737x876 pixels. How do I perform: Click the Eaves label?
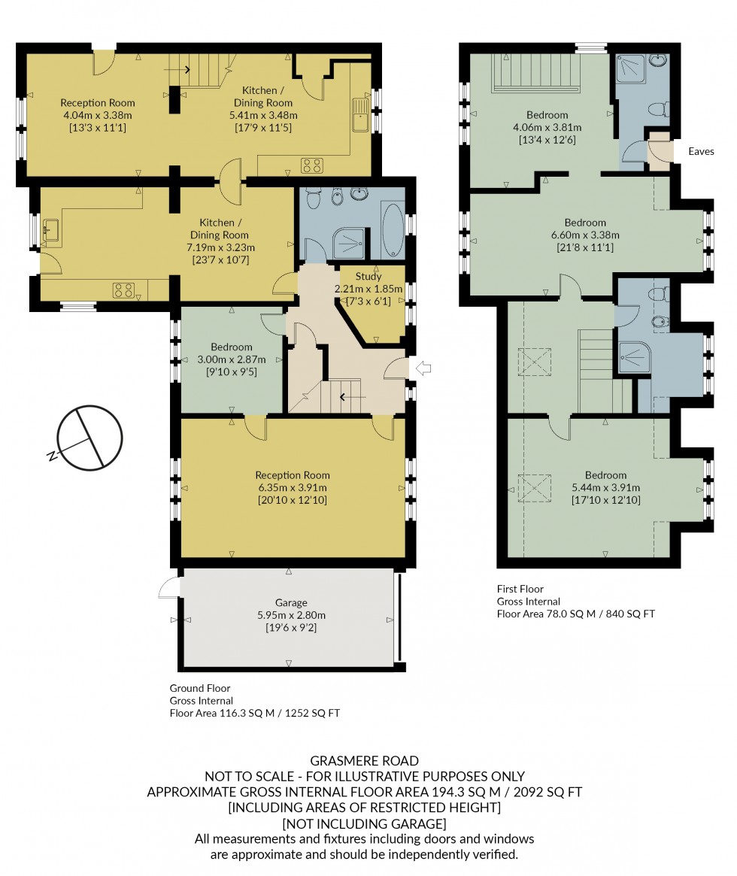[x=701, y=152]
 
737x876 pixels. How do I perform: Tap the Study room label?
[x=368, y=277]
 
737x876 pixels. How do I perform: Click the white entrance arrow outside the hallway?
[x=423, y=368]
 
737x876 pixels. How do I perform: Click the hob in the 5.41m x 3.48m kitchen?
[x=312, y=165]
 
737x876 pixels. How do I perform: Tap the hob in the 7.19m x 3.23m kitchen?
[x=123, y=289]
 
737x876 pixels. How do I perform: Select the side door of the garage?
[x=168, y=587]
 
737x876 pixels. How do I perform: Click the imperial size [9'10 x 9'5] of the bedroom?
[x=231, y=371]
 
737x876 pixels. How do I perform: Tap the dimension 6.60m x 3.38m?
[x=585, y=235]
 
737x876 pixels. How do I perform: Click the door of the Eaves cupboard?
[x=658, y=151]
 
